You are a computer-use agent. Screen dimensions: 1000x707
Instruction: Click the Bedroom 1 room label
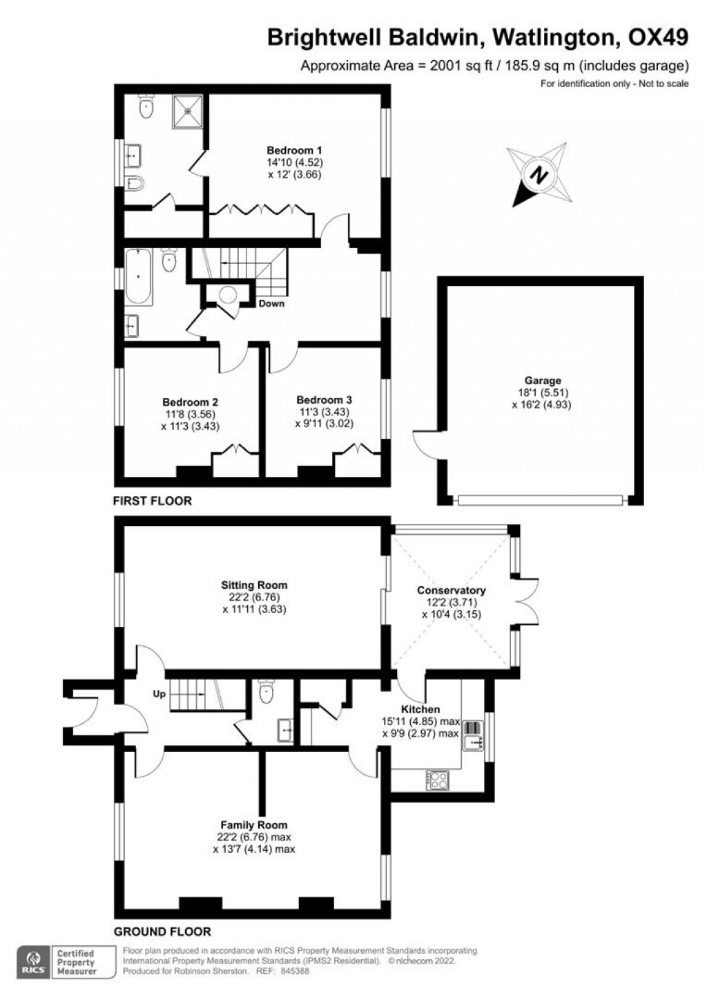(295, 150)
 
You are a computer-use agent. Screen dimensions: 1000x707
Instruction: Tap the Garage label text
(542, 380)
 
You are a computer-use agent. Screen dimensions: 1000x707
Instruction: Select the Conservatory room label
(451, 590)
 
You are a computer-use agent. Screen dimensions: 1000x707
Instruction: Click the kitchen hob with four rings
(438, 780)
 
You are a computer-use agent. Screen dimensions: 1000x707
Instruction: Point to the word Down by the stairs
(271, 303)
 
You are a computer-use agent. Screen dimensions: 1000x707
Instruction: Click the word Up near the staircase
(159, 694)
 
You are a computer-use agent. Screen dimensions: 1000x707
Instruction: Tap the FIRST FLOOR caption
(153, 500)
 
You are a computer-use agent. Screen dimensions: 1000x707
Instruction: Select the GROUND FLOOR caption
(162, 931)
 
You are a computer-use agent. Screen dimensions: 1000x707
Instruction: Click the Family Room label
(253, 824)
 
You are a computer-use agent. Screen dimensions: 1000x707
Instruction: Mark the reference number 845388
(293, 971)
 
